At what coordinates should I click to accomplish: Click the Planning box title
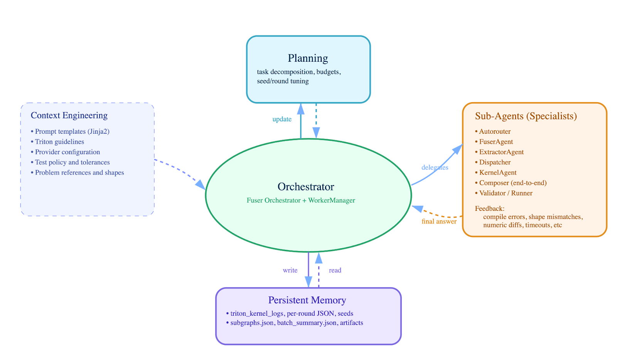point(308,58)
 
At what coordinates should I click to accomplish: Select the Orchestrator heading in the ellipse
point(306,187)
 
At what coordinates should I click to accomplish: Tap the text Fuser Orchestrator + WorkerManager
point(301,200)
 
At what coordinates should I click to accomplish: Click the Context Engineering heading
point(69,116)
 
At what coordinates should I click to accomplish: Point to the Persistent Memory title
point(307,300)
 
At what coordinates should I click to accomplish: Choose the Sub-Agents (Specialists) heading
point(526,116)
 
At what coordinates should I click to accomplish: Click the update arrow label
point(282,119)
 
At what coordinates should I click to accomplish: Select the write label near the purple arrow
point(290,271)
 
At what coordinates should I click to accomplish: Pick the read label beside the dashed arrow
point(335,271)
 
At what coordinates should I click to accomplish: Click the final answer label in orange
point(439,222)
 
